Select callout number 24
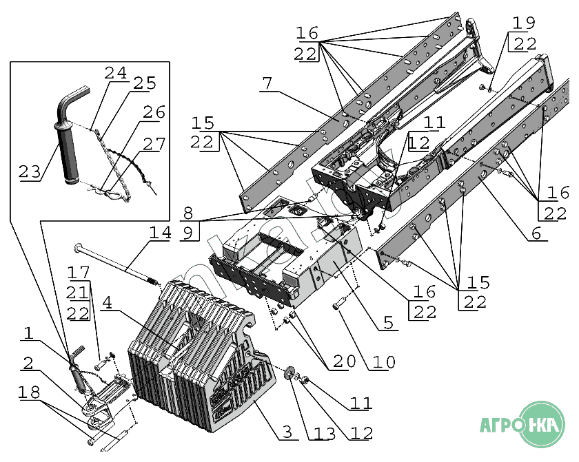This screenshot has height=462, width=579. [116, 73]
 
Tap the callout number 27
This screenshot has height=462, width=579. [154, 144]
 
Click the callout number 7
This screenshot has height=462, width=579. [267, 83]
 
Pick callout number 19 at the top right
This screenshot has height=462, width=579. [524, 22]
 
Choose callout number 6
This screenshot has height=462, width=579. [536, 234]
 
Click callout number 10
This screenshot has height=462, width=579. [380, 361]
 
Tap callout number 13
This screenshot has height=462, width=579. [326, 433]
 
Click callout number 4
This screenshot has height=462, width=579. [112, 302]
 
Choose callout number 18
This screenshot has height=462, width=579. [29, 392]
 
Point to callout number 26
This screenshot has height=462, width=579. [154, 112]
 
